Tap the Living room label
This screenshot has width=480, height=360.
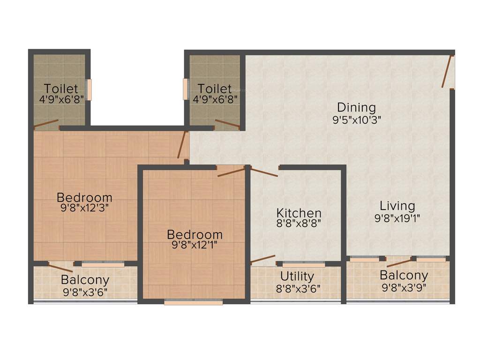(397, 206)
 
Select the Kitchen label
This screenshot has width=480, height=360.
(299, 213)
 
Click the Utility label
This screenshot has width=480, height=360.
(297, 276)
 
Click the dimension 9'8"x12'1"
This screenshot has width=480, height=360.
(195, 244)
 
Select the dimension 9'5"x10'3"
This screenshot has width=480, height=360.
(356, 120)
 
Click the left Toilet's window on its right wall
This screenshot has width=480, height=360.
(89, 90)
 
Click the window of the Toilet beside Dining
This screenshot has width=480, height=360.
(186, 89)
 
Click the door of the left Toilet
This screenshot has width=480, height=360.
(46, 124)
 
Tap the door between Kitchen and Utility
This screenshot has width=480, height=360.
(262, 259)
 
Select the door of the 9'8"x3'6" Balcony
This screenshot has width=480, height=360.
(60, 268)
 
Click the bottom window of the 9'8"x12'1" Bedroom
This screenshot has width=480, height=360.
(193, 302)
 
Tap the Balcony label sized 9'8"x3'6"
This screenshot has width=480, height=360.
(85, 280)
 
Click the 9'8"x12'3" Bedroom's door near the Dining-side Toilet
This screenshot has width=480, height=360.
(182, 144)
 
